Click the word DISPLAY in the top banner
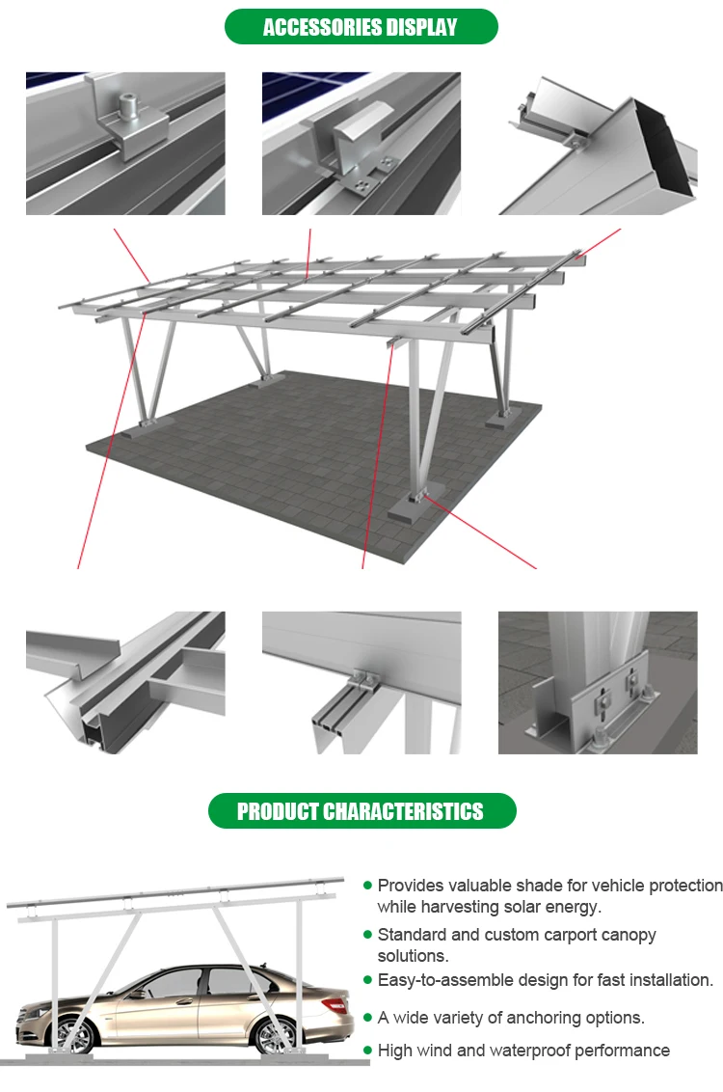(x=423, y=27)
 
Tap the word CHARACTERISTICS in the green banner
(x=403, y=811)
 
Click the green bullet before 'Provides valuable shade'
(x=367, y=885)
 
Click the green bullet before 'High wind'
(x=367, y=1050)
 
